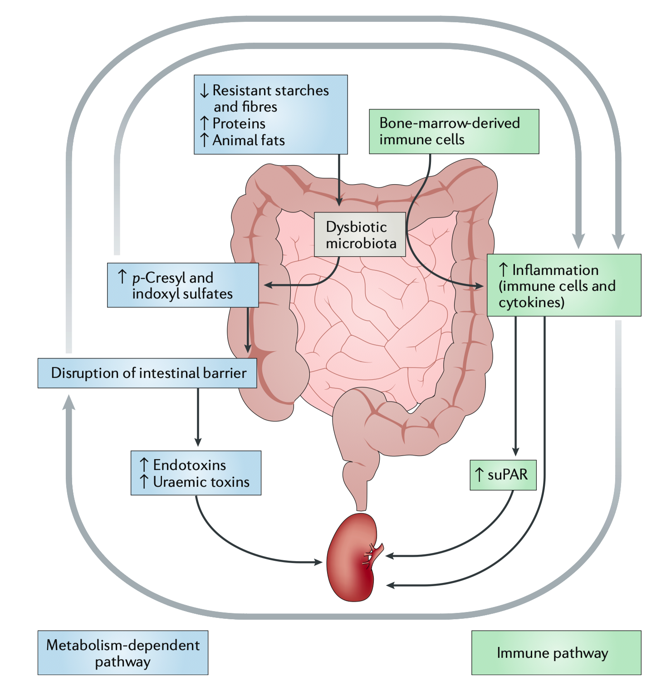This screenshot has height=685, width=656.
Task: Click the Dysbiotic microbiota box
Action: point(360,235)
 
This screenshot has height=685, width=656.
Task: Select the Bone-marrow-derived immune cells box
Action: point(454,132)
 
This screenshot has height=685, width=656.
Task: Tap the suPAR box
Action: point(503,475)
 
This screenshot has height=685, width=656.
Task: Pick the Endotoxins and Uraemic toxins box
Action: point(196,473)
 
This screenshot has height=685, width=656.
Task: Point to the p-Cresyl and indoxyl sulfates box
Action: point(183,285)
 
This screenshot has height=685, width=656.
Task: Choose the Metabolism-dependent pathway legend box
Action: point(122,653)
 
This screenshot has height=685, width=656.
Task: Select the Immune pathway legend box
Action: point(556,653)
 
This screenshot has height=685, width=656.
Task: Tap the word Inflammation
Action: point(555,270)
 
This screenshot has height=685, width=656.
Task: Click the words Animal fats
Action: point(249,140)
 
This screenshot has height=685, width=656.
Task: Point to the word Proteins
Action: point(239,123)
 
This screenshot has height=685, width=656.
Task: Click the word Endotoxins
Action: point(189,465)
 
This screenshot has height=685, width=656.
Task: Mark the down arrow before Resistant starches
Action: point(204,91)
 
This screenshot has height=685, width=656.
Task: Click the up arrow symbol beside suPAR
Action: point(479,475)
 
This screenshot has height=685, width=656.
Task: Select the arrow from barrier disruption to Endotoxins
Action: point(198,417)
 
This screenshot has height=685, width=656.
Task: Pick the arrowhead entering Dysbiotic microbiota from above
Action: point(339,202)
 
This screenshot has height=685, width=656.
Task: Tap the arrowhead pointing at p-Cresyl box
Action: point(268,285)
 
